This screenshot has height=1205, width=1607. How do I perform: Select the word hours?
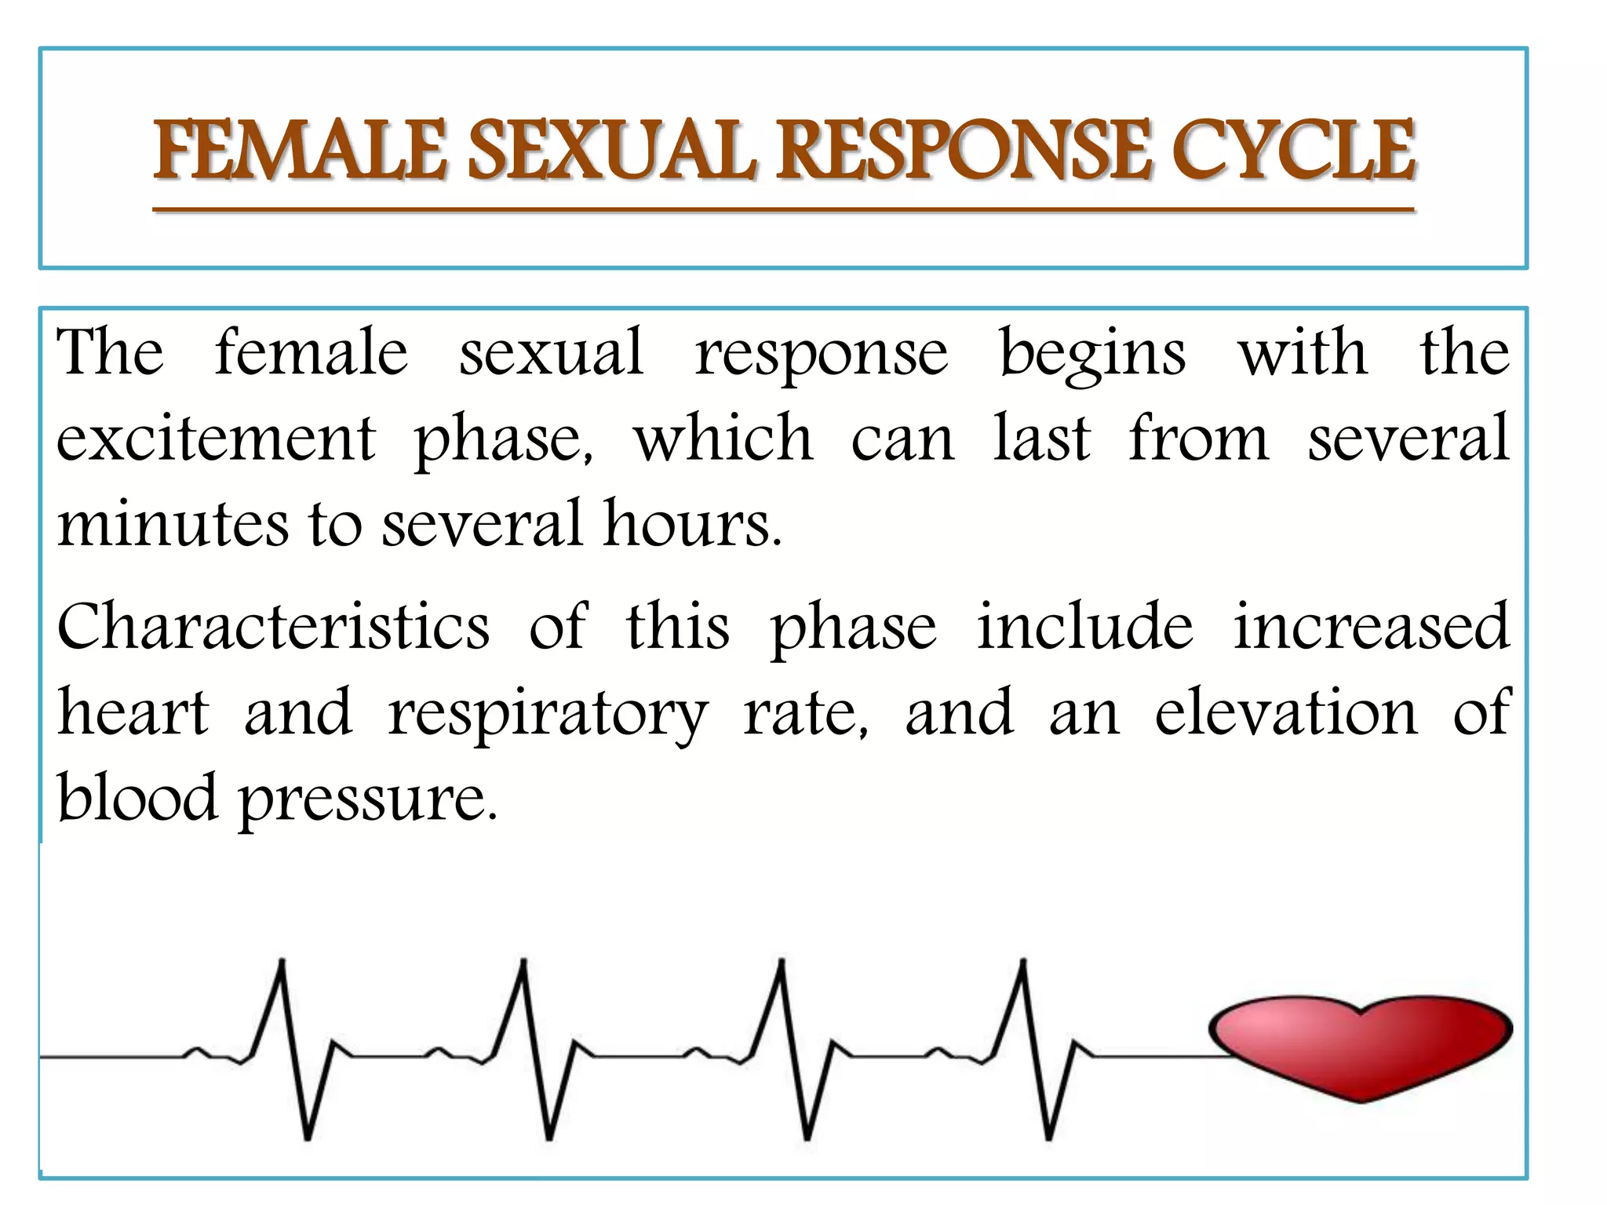click(x=692, y=523)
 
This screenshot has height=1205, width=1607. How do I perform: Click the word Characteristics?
click(x=274, y=628)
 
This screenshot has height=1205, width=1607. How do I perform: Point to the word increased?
click(x=1371, y=628)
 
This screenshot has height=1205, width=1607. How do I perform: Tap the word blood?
click(x=137, y=798)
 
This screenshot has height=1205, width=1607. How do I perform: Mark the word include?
click(x=1084, y=628)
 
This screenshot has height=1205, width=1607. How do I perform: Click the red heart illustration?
click(x=1361, y=1046)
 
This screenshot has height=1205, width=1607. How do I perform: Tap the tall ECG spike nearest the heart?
click(x=1022, y=973)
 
